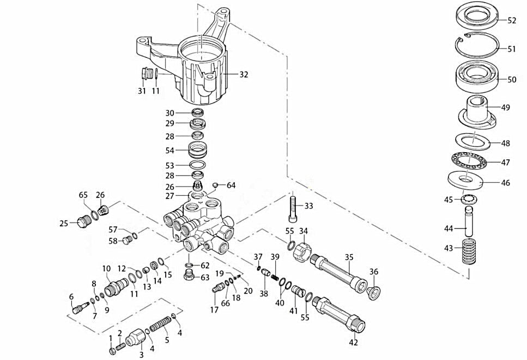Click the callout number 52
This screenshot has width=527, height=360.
pos(512,21)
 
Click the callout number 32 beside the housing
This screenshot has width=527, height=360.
pos(243,74)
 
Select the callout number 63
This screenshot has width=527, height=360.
pos(205,278)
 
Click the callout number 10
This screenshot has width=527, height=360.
pos(106,268)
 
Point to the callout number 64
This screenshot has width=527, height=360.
pos(231,185)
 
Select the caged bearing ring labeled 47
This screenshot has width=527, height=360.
pos(469,162)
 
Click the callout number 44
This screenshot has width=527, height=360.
pos(448,227)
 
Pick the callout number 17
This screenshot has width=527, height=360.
pos(214,310)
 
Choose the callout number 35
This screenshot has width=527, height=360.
pos(349,256)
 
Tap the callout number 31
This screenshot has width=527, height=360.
pos(142,91)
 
